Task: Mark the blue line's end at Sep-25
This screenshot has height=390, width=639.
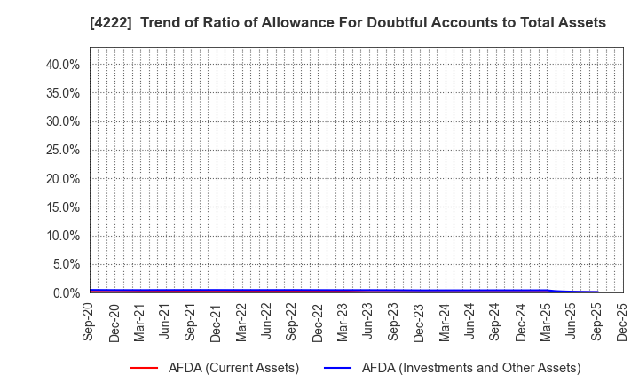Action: tap(597, 292)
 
